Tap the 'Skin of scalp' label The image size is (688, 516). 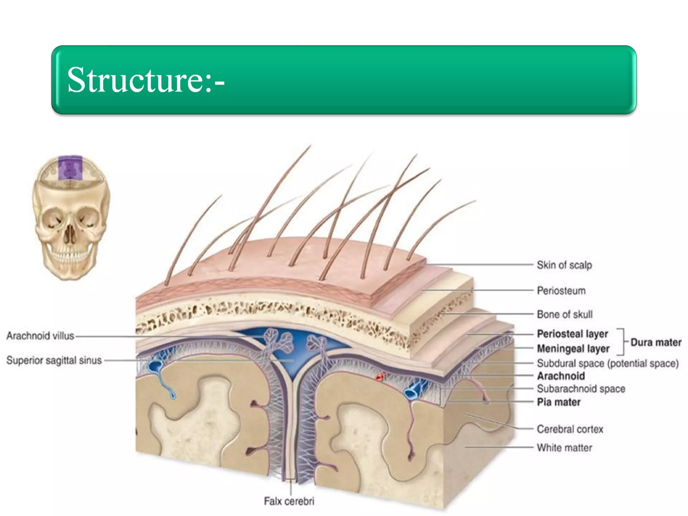coord(564,265)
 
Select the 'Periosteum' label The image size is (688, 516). coord(561,291)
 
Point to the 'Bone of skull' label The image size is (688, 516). coord(564,314)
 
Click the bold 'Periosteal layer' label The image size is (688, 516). coord(572,334)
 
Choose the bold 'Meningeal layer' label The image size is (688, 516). coord(573,349)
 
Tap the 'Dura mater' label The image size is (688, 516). coord(656,342)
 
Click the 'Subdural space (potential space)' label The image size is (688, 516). coord(608,363)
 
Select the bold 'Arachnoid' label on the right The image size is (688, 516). coord(561,376)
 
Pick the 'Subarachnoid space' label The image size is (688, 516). coord(581,389)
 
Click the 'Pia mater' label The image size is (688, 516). coord(559,402)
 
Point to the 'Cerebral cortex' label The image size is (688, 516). coord(570,429)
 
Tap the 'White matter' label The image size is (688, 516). coord(564,448)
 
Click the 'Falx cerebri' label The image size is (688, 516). coord(289,501)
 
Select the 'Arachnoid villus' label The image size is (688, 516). coord(40,336)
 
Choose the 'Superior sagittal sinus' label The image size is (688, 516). coord(54,360)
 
